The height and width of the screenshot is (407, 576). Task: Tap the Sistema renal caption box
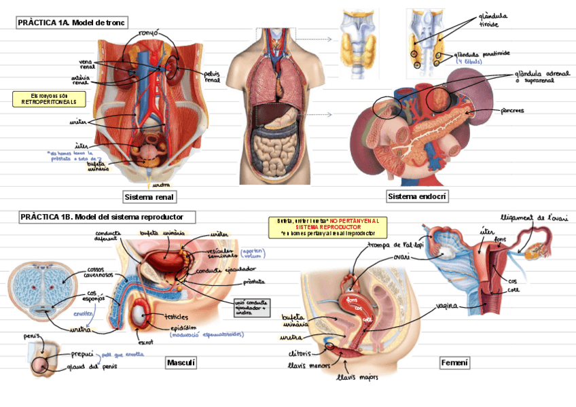click(149, 197)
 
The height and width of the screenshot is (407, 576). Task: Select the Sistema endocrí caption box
click(418, 197)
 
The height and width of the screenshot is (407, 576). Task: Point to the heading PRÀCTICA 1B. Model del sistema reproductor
click(107, 217)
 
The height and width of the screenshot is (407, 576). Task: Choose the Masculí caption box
click(181, 363)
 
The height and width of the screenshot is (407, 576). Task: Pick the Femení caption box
click(454, 363)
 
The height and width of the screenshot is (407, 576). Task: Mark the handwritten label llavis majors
click(358, 376)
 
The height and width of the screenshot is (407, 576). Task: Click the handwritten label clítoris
click(299, 353)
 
